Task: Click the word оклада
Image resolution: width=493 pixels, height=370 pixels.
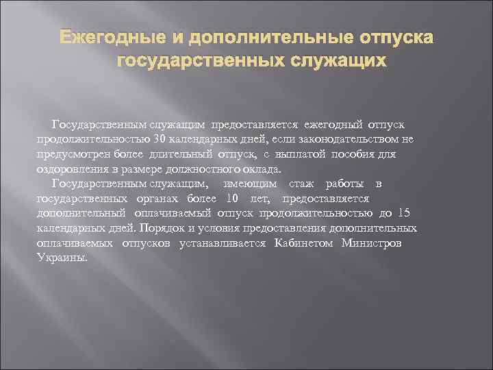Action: (263, 169)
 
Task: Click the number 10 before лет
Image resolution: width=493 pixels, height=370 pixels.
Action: (232, 199)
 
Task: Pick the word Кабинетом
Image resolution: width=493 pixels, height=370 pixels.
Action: (306, 243)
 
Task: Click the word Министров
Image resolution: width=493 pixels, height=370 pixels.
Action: (377, 243)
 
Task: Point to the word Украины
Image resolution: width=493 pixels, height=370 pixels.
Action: (62, 258)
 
